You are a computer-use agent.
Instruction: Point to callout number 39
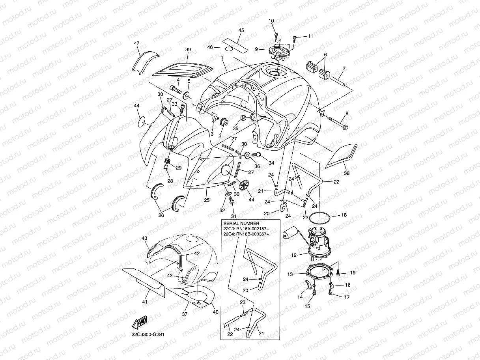[x=188, y=50]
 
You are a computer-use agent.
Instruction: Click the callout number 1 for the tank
[x=223, y=58]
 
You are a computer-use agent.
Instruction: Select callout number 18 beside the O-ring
[x=344, y=216]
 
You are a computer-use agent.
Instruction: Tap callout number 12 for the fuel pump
[x=293, y=255]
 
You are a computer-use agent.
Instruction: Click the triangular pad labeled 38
[x=342, y=157]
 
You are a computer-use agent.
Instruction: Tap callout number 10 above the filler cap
[x=271, y=21]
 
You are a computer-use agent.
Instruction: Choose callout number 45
[x=241, y=30]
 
